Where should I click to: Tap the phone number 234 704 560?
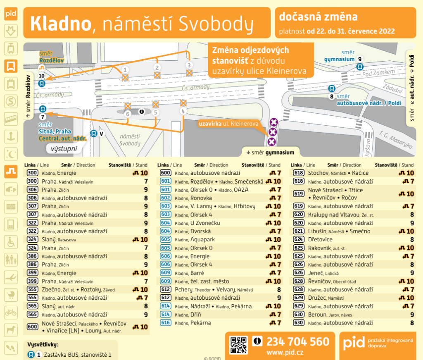pos(298,342)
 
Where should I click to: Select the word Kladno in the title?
pos(60,24)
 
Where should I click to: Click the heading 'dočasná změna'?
pos(318,17)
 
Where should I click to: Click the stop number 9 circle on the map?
pos(360,59)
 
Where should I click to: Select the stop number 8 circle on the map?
pos(331,97)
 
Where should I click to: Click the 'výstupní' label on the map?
pos(64,149)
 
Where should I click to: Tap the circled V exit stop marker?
pos(101,134)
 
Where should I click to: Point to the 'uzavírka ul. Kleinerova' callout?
pos(229,124)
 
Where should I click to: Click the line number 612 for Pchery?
pos(165,290)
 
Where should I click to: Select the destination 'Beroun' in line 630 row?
pos(317,315)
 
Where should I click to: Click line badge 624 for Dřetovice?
pos(298,239)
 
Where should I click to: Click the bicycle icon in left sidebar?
pos(11,312)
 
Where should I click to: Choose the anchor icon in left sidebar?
pos(11,136)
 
